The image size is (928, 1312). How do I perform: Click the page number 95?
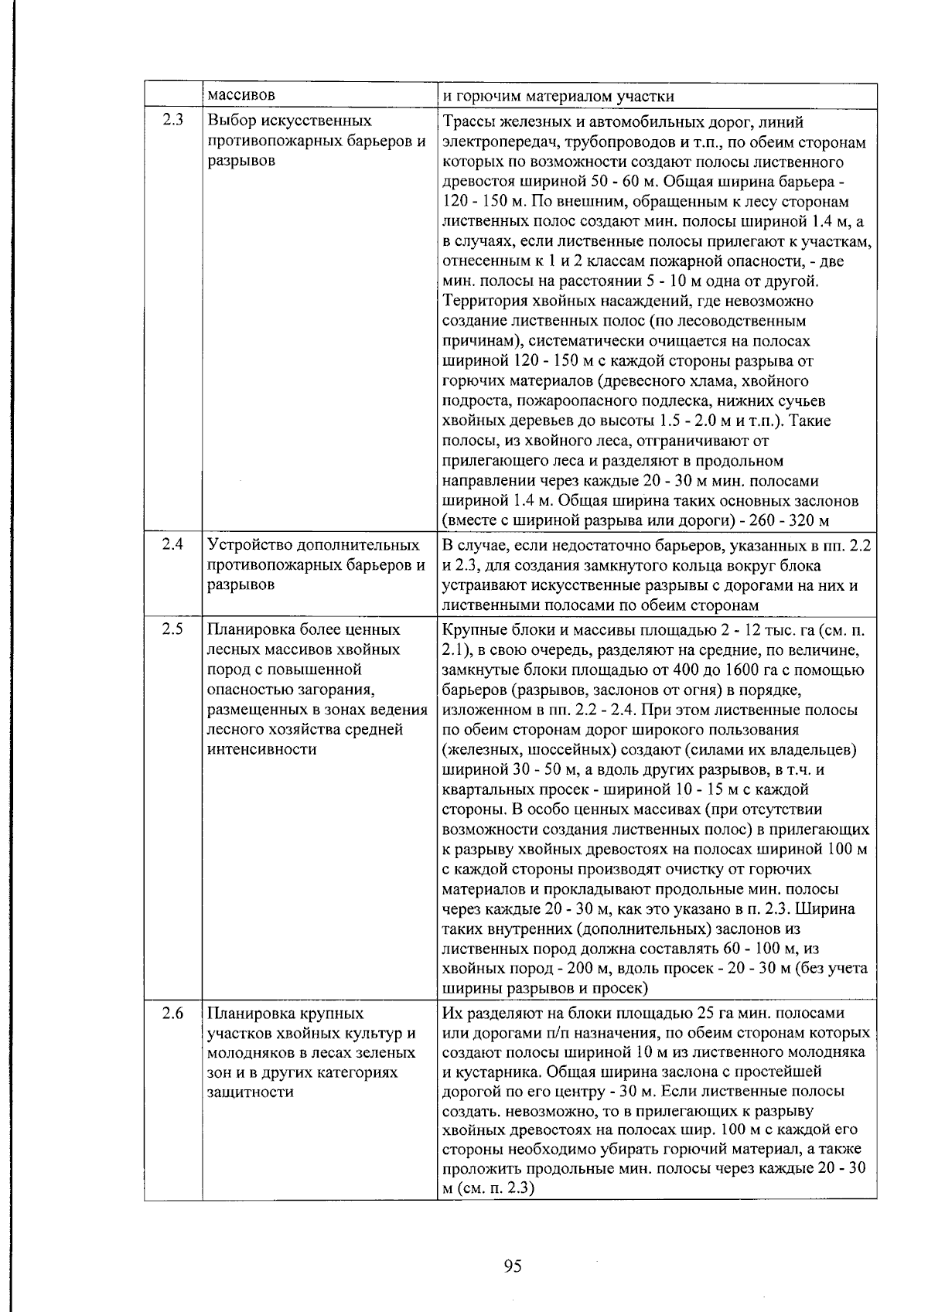[512, 1266]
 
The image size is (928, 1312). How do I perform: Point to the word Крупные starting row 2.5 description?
[471, 629]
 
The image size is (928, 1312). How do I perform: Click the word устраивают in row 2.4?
[482, 585]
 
